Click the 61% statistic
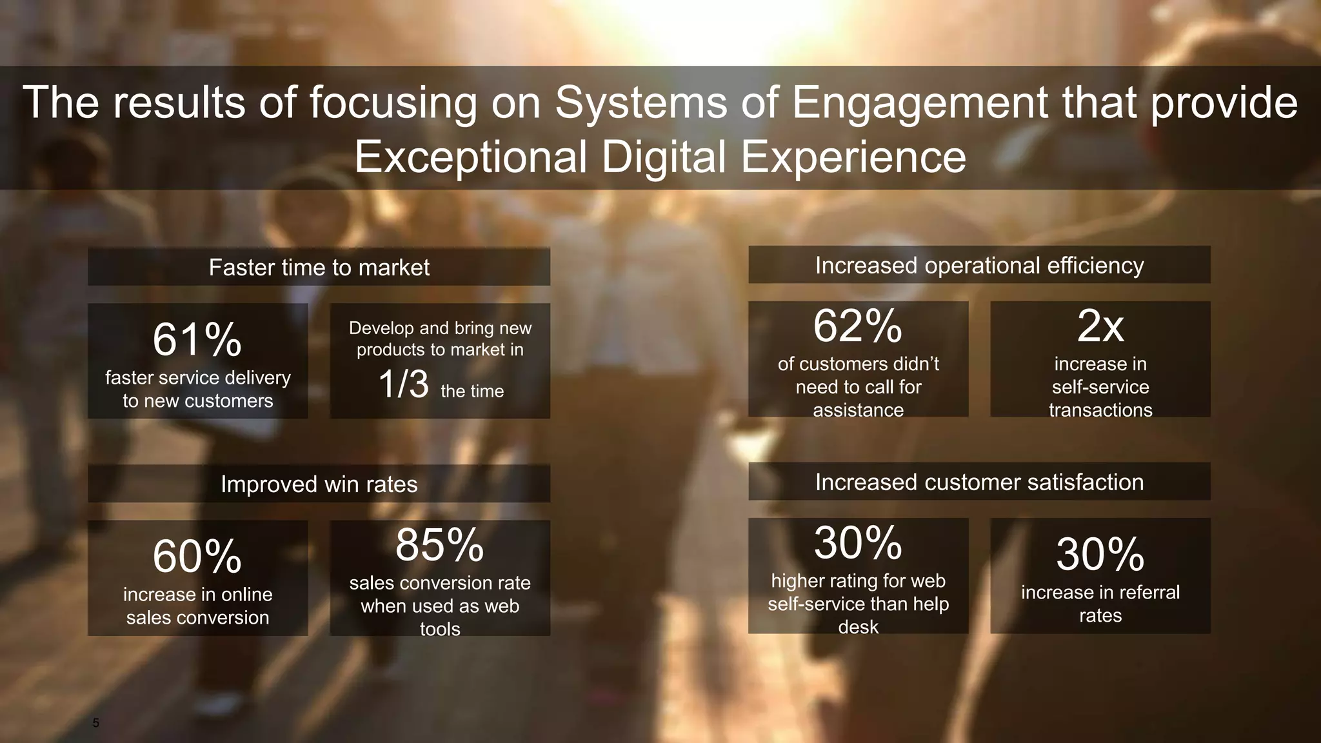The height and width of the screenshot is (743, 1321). (x=197, y=340)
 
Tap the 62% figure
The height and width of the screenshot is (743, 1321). (x=858, y=326)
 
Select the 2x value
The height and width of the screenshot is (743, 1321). (x=1100, y=326)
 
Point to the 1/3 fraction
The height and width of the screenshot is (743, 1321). (x=403, y=384)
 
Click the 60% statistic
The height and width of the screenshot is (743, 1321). (x=197, y=557)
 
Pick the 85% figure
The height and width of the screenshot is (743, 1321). (x=440, y=545)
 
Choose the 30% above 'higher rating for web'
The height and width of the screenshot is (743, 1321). (x=858, y=543)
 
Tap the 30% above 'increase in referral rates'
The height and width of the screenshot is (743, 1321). (x=1100, y=555)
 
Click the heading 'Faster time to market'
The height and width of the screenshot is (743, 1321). (x=319, y=268)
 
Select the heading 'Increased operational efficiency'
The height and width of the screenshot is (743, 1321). (x=979, y=266)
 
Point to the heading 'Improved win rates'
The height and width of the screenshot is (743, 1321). (x=319, y=484)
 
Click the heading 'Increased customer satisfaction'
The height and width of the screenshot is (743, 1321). (x=979, y=482)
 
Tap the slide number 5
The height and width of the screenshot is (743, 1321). (x=96, y=723)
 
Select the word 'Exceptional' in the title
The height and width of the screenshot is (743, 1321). (x=470, y=157)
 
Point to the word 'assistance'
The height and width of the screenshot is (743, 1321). (x=858, y=410)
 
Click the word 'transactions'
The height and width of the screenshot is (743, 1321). (x=1100, y=410)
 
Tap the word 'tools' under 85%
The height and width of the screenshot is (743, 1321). (x=440, y=629)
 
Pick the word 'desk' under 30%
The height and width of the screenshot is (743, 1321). (x=858, y=627)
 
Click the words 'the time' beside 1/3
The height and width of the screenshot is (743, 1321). (x=472, y=391)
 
